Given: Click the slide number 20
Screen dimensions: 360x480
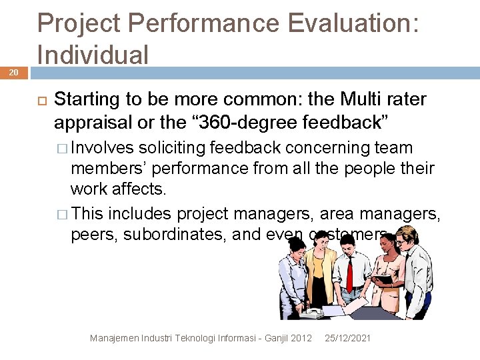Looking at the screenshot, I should point(13,71).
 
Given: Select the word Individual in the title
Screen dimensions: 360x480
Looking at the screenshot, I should point(93,54).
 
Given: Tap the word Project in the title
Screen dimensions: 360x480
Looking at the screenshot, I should point(79,23).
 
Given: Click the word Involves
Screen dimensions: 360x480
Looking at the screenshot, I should point(102,148).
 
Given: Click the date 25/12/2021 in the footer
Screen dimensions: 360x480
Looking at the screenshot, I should point(347,339).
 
